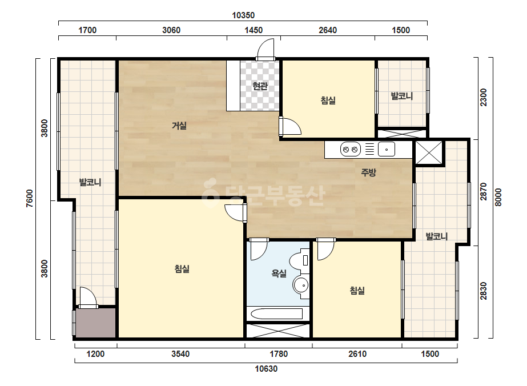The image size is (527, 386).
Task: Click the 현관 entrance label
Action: coord(260,86)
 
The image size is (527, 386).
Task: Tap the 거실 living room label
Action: coord(179,126)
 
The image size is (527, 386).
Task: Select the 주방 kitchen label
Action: coord(368,172)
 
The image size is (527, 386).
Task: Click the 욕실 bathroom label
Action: coord(279,274)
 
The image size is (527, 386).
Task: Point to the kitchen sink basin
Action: coord(386,149)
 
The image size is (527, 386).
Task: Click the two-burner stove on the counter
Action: coord(350,149)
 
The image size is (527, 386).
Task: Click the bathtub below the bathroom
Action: coord(276,314)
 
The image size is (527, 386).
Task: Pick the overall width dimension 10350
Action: coord(243,15)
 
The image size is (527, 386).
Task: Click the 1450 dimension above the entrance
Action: coord(254,30)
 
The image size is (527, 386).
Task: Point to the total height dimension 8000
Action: coord(498,198)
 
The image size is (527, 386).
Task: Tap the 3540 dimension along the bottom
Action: coord(180,353)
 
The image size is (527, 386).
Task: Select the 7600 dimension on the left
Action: coord(30,198)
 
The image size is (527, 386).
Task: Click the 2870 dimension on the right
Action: coord(483,192)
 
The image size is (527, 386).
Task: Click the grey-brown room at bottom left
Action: coord(96,323)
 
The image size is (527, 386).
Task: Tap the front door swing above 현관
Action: coord(266,49)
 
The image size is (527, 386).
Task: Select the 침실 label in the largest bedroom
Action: coord(182,269)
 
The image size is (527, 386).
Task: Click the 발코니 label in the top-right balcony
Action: coord(401,96)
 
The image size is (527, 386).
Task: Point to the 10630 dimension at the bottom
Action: coord(266,369)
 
